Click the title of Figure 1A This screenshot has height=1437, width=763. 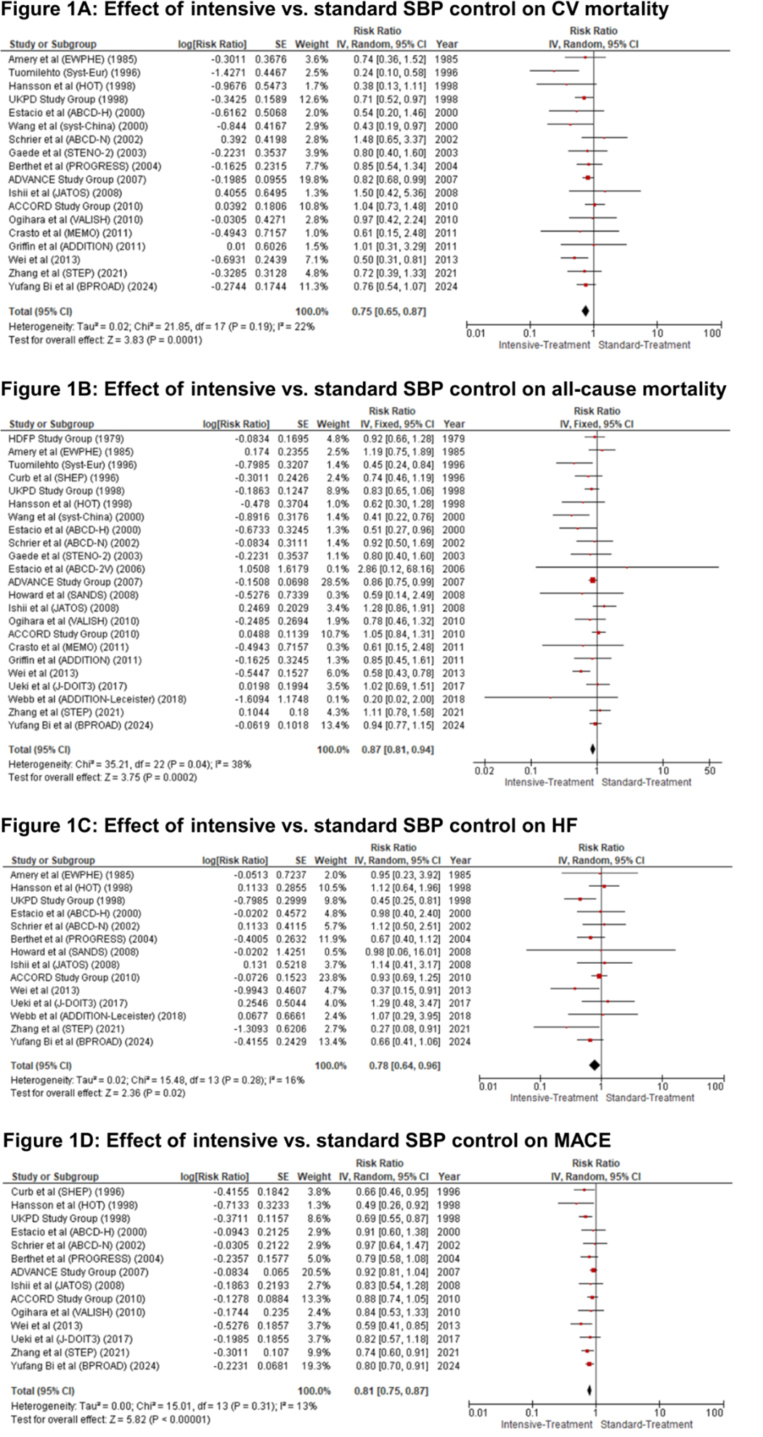click(x=335, y=9)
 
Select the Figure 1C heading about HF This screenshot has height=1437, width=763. click(x=289, y=826)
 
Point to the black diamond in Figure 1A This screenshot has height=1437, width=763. click(x=585, y=311)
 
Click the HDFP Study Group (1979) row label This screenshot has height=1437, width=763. click(x=65, y=438)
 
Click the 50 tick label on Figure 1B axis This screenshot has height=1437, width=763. click(x=709, y=771)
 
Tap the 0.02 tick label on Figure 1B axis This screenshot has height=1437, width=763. click(x=484, y=771)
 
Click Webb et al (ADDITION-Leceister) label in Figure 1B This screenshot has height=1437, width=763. click(x=97, y=699)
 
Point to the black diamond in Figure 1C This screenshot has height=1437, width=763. click(x=595, y=1065)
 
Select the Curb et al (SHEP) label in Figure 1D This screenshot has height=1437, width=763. click(x=68, y=1192)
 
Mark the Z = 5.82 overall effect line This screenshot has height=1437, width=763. click(x=110, y=1419)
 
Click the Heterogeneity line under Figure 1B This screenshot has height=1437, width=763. click(x=130, y=764)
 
